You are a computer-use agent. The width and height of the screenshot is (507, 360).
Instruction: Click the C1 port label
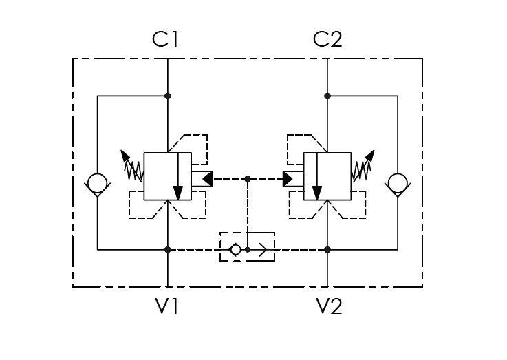[165, 39]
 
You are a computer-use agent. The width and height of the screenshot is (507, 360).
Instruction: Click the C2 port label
[327, 39]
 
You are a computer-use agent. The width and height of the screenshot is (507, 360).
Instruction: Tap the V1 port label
[166, 306]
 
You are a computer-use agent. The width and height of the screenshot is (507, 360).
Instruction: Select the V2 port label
[329, 306]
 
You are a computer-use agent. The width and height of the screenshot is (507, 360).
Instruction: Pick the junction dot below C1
[167, 96]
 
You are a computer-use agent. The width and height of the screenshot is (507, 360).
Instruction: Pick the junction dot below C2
[327, 96]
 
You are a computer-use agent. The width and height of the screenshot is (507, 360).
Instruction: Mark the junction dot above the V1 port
[167, 250]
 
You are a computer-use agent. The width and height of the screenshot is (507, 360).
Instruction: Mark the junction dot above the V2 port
[327, 250]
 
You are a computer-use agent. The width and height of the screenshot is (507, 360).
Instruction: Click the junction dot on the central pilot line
[248, 179]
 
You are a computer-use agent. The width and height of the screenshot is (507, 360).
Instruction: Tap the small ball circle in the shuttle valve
[236, 250]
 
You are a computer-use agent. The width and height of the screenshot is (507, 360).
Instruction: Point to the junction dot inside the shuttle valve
[248, 250]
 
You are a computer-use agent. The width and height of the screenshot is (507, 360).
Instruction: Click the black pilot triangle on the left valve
[208, 179]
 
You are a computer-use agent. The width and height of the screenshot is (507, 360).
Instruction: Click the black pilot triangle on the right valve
[288, 179]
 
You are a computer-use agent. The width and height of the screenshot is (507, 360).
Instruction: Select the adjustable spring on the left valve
[132, 166]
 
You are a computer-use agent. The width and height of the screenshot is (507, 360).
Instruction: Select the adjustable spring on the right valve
[363, 166]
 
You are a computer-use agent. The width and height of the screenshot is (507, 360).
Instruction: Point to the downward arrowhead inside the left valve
[178, 193]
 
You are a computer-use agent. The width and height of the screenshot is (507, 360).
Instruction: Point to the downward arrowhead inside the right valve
[317, 193]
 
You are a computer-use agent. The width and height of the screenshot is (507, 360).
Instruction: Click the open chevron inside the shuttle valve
[263, 250]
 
